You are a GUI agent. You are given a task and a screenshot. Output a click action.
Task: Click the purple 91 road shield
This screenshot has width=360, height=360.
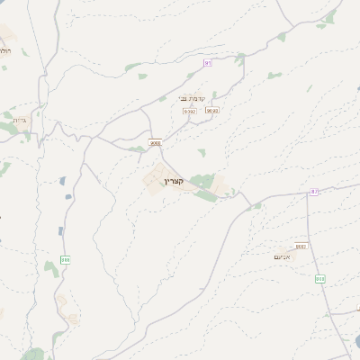207,62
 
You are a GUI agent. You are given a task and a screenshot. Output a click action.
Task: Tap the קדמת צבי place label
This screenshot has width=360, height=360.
193,98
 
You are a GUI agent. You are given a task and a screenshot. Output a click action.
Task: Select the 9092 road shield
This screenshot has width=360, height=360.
189,111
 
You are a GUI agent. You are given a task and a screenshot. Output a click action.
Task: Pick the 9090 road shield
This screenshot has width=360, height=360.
211,111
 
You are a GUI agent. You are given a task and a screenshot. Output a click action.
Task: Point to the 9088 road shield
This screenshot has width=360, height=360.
155,142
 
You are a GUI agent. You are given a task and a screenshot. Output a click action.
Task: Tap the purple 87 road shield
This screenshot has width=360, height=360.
314,192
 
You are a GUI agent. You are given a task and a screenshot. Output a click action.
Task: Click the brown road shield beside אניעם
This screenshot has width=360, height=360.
301,245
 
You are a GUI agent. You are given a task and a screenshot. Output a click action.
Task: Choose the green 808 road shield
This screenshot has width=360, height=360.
319,278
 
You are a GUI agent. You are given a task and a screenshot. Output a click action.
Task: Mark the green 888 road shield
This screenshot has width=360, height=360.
65,259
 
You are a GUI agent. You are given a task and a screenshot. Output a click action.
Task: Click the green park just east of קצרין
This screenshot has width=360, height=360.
205,184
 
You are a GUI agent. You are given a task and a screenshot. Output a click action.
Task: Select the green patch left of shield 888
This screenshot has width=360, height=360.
50,267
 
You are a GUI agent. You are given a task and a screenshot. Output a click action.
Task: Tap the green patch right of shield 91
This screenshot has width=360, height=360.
240,59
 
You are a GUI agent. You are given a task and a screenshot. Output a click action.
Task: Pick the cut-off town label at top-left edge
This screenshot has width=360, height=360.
4,52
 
